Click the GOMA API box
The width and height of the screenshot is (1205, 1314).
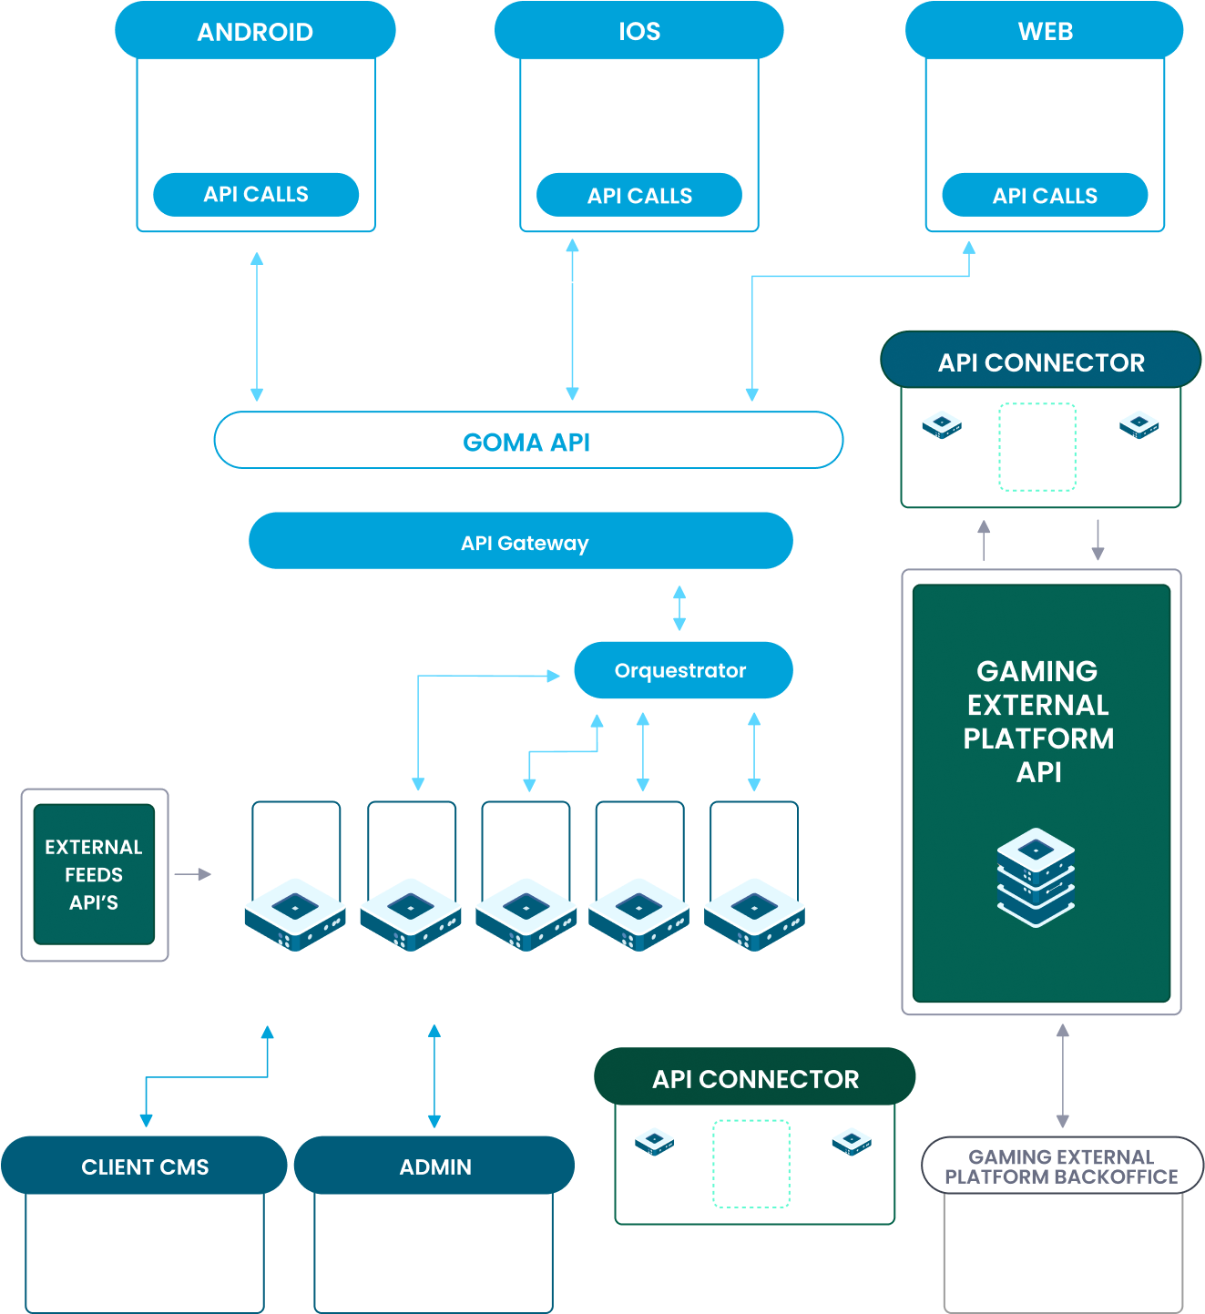[x=527, y=441]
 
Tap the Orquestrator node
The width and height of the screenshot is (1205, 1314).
[x=682, y=670]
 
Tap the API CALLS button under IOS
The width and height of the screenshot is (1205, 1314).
[x=638, y=196]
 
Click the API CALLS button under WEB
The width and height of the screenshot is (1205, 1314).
[x=1044, y=196]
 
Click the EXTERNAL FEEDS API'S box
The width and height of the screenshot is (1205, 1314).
[x=94, y=874]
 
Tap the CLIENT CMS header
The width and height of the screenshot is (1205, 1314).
[x=145, y=1166]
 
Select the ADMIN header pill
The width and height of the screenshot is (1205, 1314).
[x=434, y=1166]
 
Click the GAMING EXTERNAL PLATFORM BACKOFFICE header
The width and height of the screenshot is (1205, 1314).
[x=1061, y=1166]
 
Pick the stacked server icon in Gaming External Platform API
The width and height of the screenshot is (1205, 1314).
[x=1036, y=877]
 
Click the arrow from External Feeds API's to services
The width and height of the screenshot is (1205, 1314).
[x=192, y=874]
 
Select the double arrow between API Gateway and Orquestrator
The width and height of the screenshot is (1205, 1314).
[x=679, y=608]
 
